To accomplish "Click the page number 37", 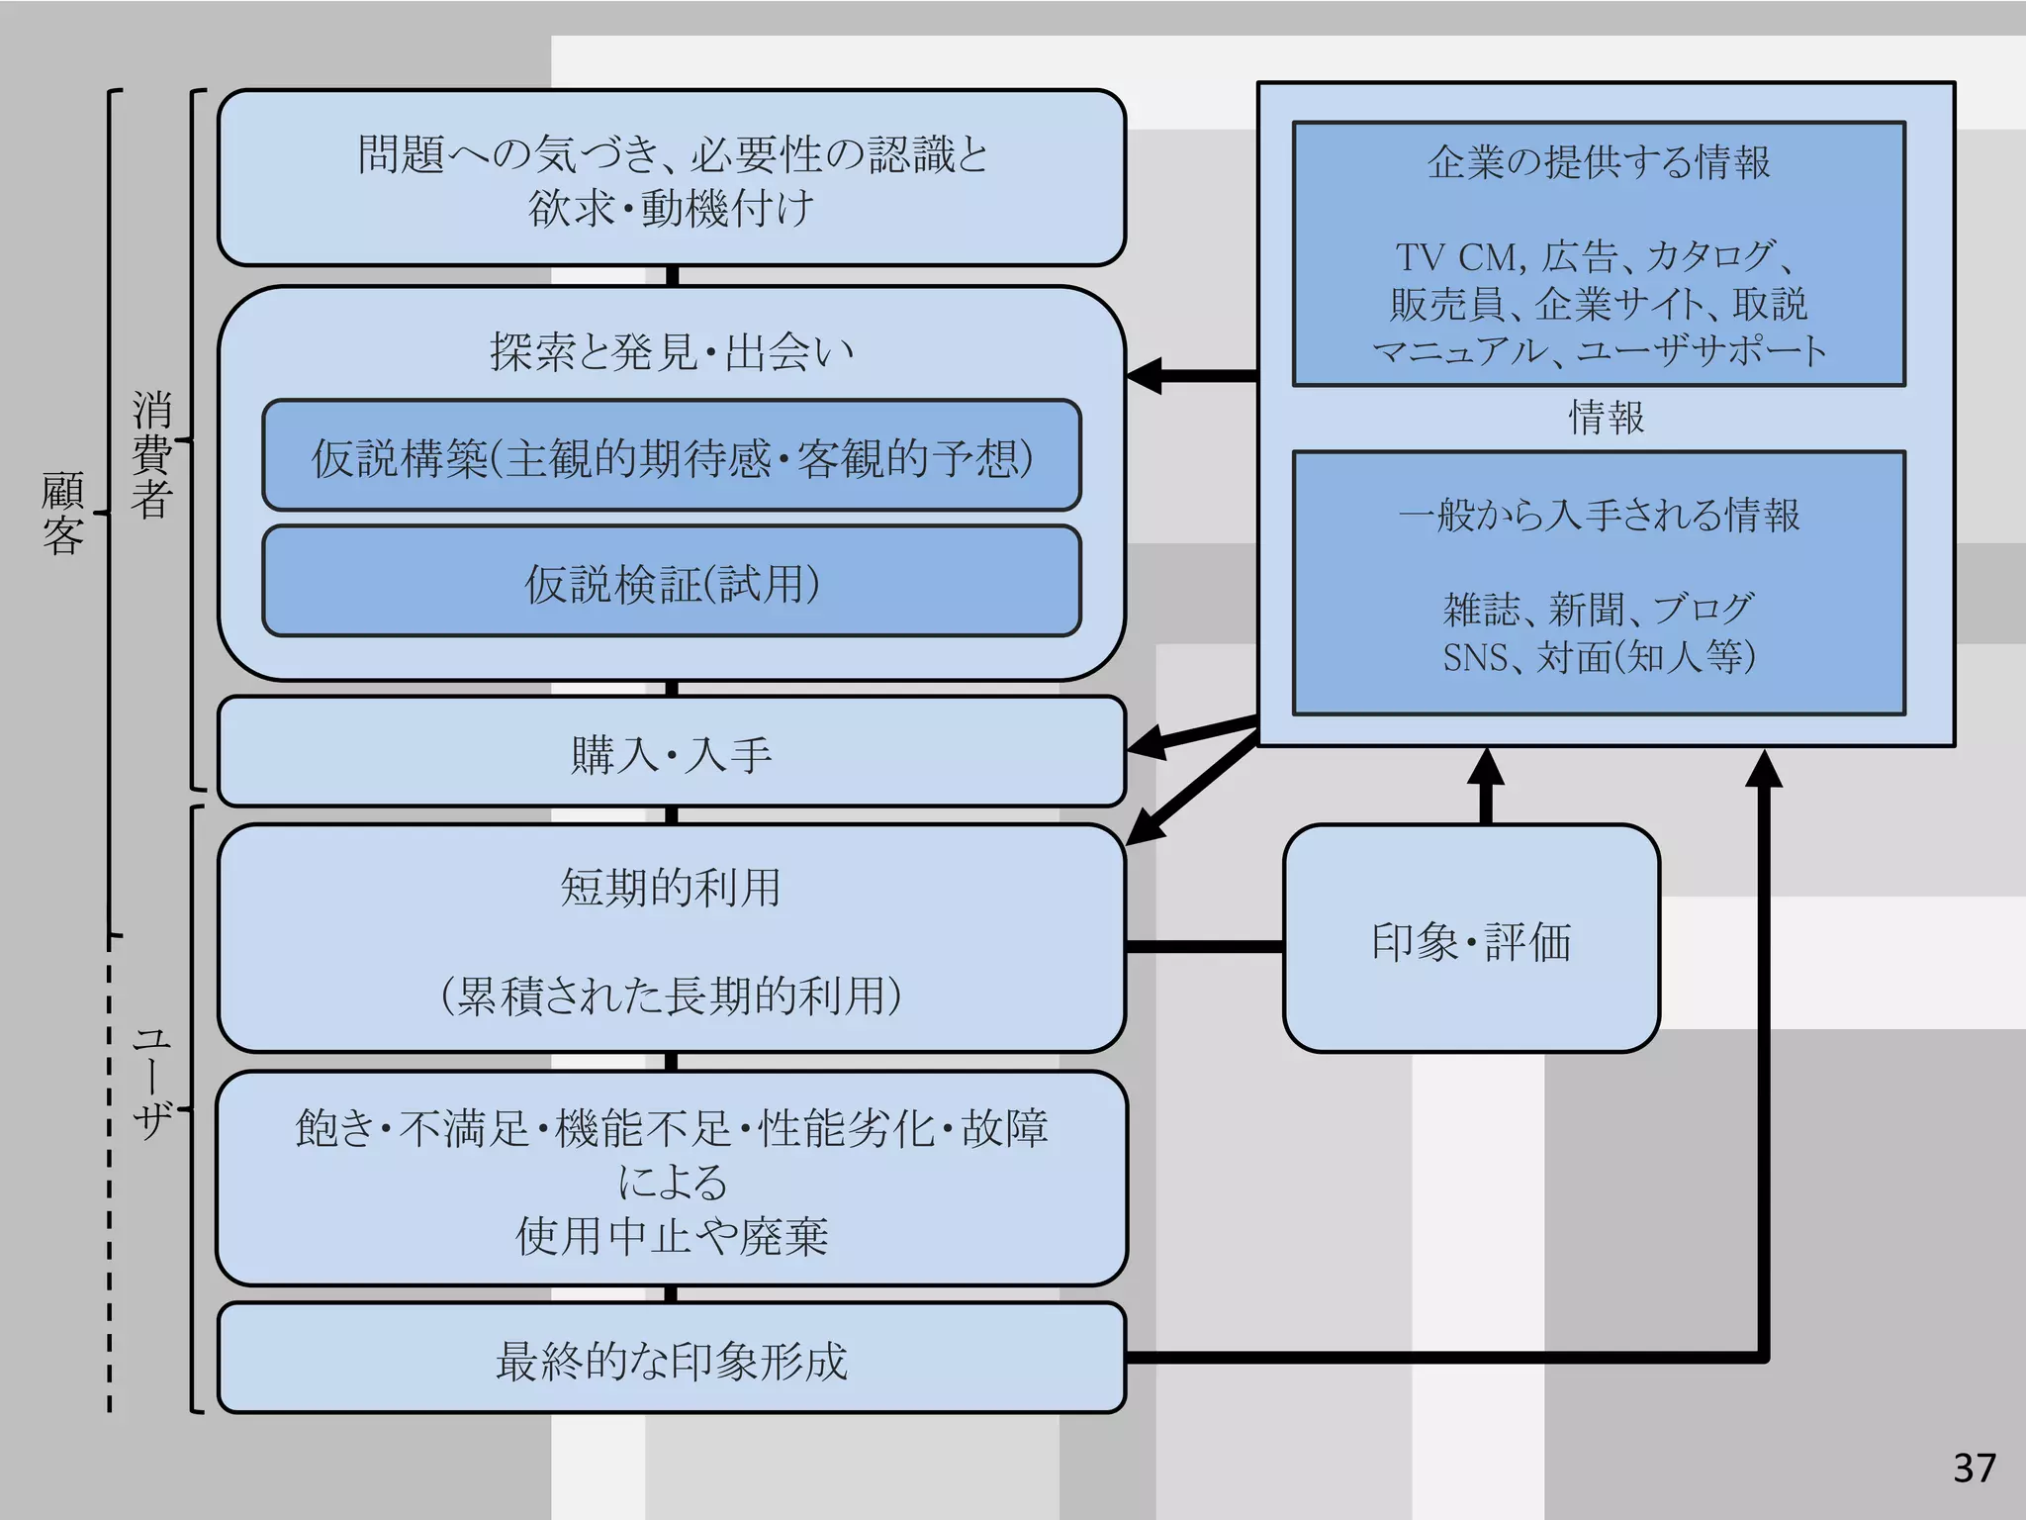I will pyautogui.click(x=1974, y=1468).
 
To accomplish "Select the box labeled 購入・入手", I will pyautogui.click(x=671, y=753).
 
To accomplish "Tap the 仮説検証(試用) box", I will pyautogui.click(x=671, y=583).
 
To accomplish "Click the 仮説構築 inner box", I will pyautogui.click(x=671, y=457).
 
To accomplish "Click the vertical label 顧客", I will pyautogui.click(x=62, y=513).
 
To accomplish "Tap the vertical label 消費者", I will pyautogui.click(x=151, y=454).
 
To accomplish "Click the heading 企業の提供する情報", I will pyautogui.click(x=1598, y=161).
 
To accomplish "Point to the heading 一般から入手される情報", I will pyautogui.click(x=1598, y=515).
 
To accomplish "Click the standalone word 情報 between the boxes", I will pyautogui.click(x=1606, y=417).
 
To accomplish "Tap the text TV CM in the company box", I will pyautogui.click(x=1460, y=257).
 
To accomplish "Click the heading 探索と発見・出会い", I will pyautogui.click(x=671, y=351).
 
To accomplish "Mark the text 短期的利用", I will pyautogui.click(x=671, y=887).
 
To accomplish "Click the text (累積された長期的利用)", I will pyautogui.click(x=671, y=995).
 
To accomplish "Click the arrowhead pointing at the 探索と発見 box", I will pyautogui.click(x=1144, y=376).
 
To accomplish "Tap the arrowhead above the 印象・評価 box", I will pyautogui.click(x=1485, y=767).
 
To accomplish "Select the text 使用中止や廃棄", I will pyautogui.click(x=671, y=1236).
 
